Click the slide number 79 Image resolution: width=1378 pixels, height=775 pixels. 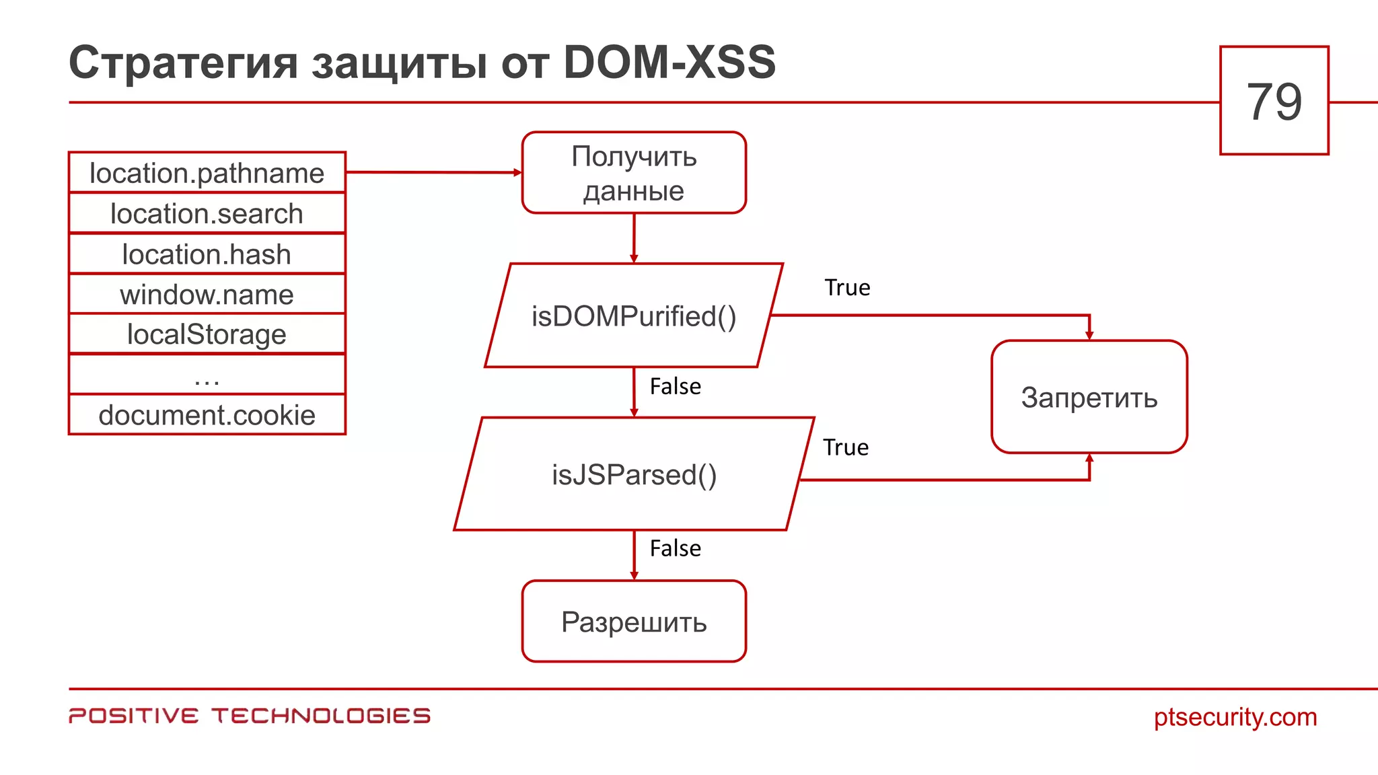coord(1274,101)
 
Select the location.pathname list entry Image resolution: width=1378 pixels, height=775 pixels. coord(207,173)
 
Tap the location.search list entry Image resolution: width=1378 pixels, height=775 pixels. coord(207,214)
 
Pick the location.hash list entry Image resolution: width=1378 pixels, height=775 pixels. coord(207,254)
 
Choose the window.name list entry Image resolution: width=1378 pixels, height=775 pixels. coord(207,295)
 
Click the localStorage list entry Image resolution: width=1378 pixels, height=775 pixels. coord(207,334)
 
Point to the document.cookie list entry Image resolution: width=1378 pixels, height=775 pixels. coord(207,415)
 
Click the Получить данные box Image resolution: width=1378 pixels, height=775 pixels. coord(634,173)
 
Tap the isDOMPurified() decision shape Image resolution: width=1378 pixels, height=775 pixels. coord(634,316)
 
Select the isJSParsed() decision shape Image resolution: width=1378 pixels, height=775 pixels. coord(634,474)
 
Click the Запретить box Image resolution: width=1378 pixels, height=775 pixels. coord(1089,397)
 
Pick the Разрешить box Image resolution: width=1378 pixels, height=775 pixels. coord(634,622)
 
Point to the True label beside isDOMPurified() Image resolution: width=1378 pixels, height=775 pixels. coord(847,288)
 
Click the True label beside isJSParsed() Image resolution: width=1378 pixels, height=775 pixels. coord(846,447)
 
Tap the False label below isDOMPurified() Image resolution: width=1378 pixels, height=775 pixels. coord(675,387)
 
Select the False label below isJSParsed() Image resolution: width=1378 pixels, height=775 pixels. coord(675,548)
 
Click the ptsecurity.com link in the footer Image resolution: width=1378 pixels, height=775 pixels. coord(1235,717)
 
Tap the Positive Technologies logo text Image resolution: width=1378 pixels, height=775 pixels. coord(250,716)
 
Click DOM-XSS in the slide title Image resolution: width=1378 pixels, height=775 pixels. coord(669,63)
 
